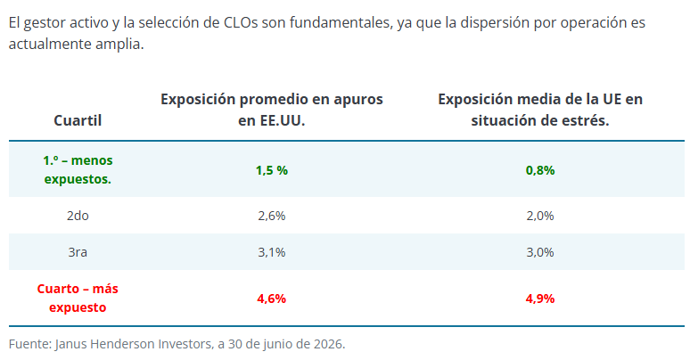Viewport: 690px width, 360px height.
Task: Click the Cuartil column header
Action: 78,120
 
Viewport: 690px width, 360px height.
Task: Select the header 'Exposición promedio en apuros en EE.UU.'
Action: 272,110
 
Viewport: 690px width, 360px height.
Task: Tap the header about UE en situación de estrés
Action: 540,110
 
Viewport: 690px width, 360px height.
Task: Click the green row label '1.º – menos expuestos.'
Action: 78,170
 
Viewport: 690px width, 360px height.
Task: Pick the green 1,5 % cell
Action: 272,170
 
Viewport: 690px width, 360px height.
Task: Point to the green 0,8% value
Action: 540,170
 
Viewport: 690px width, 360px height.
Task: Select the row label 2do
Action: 78,216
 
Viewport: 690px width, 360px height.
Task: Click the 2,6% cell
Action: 272,216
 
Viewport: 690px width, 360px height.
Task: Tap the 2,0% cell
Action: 540,216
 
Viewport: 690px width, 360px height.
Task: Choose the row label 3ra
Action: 78,252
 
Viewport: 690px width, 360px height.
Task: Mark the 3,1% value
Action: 272,252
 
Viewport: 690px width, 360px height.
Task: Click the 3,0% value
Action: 540,252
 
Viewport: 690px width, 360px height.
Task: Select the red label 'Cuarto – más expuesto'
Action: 78,298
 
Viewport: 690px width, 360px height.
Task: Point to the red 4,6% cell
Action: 272,299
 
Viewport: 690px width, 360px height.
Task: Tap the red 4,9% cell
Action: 540,299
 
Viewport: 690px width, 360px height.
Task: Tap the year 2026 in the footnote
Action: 329,344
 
